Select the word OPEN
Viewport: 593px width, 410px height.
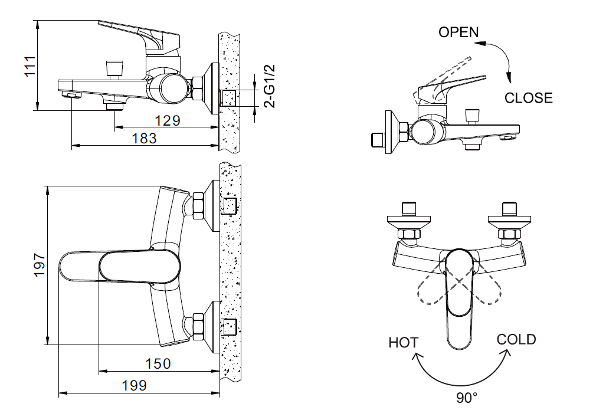pyautogui.click(x=458, y=32)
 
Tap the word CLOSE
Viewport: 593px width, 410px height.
pyautogui.click(x=529, y=98)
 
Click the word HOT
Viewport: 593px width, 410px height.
pyautogui.click(x=404, y=343)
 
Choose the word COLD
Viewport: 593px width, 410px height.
pyautogui.click(x=516, y=339)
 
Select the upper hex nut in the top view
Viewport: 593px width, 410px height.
pyautogui.click(x=197, y=206)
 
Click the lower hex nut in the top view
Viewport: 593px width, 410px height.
pyautogui.click(x=197, y=326)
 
